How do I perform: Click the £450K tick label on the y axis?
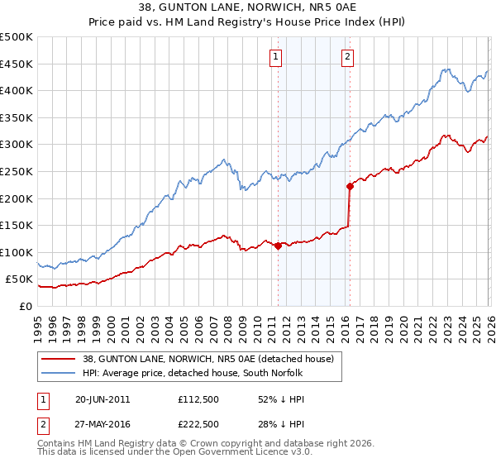[17, 64]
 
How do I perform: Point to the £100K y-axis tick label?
[17, 252]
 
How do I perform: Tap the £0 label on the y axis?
[25, 306]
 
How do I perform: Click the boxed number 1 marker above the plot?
[275, 57]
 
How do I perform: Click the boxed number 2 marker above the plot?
[347, 57]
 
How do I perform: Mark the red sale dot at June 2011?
[278, 245]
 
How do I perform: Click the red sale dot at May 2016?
[350, 186]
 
